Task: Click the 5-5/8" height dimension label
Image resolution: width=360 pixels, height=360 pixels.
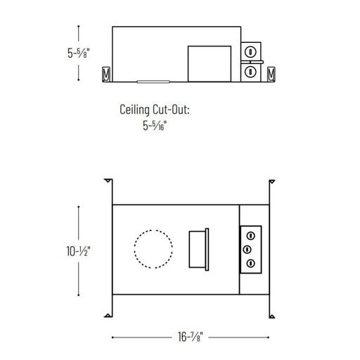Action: point(79,53)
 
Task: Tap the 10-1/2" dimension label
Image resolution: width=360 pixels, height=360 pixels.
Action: point(78,251)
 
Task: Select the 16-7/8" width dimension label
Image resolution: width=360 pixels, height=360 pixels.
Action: point(190,337)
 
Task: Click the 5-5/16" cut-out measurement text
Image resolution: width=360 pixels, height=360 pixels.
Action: point(155,125)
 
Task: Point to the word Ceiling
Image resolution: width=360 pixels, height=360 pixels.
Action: point(134,110)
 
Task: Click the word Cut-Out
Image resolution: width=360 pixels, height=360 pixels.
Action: point(171,110)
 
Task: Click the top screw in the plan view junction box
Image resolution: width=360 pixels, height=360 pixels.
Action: point(250,236)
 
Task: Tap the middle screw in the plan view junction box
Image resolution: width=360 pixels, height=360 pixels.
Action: point(247,250)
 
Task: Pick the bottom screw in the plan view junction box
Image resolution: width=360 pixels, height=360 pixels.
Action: point(250,263)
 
